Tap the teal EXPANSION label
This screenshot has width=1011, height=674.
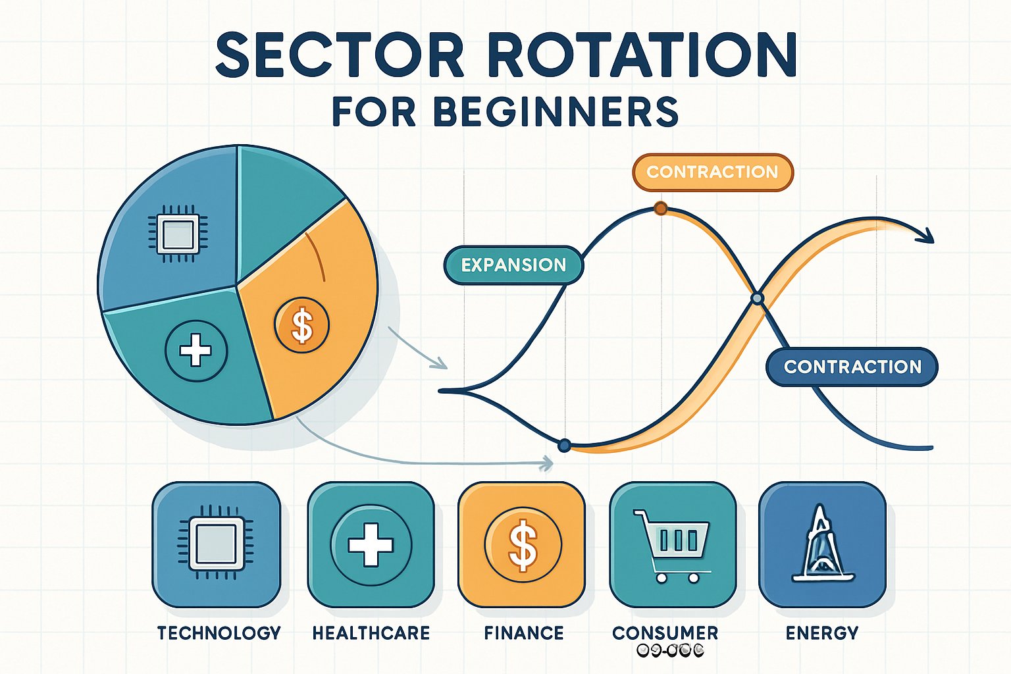(x=513, y=265)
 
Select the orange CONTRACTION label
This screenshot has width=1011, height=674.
(x=712, y=172)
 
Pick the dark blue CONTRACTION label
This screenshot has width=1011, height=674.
(x=852, y=367)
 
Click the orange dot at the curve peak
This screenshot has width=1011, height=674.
(x=660, y=209)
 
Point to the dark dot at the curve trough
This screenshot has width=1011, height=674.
(x=564, y=446)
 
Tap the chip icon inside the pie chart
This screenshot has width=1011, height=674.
(x=178, y=234)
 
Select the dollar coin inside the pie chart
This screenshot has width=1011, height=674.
(x=302, y=325)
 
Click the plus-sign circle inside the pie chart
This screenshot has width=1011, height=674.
(x=195, y=350)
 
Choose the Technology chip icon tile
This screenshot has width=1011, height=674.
(x=217, y=544)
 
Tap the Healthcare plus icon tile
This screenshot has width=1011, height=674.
(x=371, y=544)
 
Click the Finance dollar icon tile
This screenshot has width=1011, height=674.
(x=522, y=544)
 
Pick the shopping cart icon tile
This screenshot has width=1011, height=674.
(x=673, y=544)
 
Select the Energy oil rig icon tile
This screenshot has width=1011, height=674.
(x=822, y=544)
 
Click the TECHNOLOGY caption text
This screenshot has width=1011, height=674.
(x=219, y=633)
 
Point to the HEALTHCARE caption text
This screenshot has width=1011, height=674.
(x=371, y=633)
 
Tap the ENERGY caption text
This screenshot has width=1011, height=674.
(x=822, y=633)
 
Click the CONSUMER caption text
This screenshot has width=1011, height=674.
(x=665, y=633)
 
